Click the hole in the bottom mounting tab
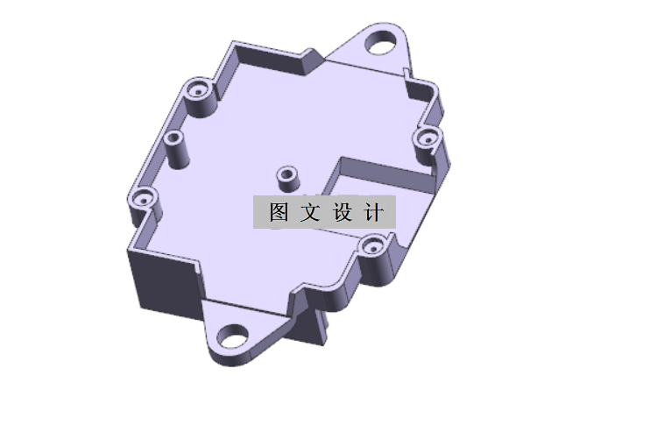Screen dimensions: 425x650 point(232,334)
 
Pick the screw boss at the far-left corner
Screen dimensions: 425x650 point(144,201)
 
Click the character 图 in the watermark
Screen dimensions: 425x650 point(279,213)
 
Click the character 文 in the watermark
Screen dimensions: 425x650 point(310,213)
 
